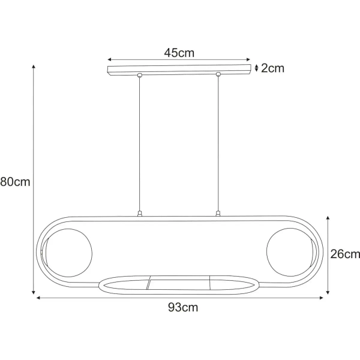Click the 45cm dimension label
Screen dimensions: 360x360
179,53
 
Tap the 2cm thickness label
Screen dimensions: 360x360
272,68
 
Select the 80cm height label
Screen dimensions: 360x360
15,182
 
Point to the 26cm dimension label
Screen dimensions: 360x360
345,254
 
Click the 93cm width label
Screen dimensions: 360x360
183,307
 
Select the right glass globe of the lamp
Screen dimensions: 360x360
290,252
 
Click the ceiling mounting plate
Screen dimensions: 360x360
179,70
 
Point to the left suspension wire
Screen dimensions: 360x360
139,144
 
